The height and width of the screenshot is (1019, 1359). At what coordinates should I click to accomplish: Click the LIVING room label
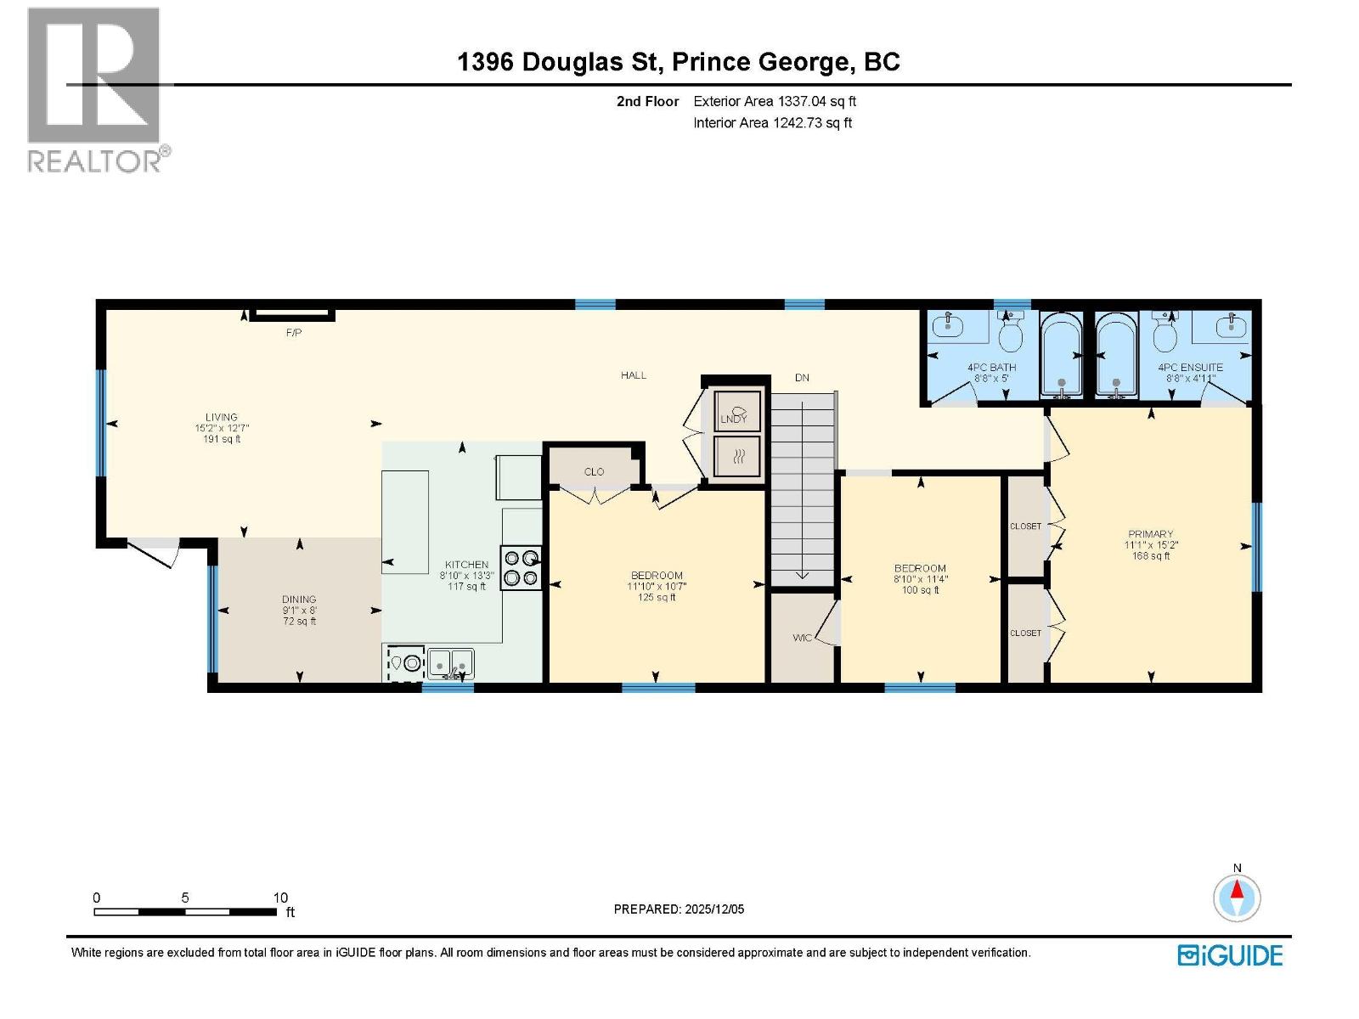pos(221,417)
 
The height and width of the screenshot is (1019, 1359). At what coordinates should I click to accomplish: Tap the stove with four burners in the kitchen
pos(521,567)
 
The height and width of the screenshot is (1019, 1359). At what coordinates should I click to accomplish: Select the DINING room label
pos(299,600)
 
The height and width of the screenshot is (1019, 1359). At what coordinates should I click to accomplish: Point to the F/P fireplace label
pos(293,333)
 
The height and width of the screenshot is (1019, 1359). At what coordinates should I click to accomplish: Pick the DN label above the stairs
pos(802,377)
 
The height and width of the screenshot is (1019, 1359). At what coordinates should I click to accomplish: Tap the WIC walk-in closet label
pos(802,638)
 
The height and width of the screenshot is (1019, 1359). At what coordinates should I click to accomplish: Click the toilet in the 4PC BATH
pos(1010,333)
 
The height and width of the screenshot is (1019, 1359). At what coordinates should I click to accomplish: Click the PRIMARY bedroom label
pos(1151,534)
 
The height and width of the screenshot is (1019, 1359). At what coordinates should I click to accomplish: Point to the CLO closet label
pos(594,471)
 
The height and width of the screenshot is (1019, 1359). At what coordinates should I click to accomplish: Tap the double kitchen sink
pos(450,662)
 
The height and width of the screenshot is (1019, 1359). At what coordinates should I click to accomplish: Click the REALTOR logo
pos(95,89)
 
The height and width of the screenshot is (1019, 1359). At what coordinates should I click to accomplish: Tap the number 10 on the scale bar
pos(280,898)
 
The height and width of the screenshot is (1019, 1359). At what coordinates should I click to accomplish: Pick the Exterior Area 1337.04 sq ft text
pos(774,101)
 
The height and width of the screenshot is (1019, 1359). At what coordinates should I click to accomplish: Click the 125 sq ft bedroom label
pos(657,598)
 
